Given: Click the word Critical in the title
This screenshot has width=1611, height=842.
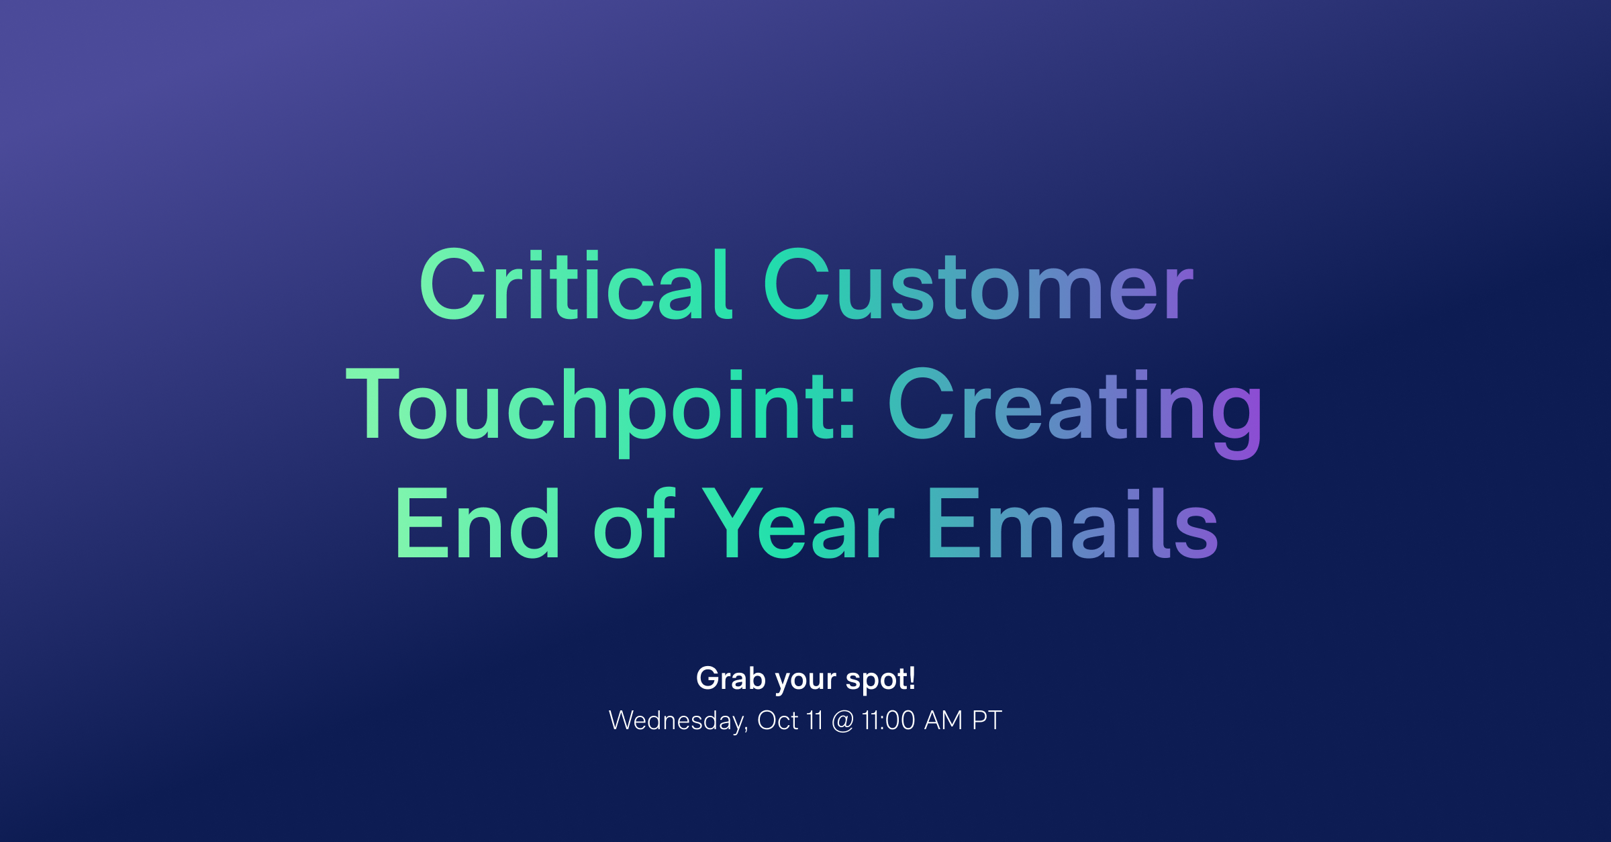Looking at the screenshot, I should (x=575, y=285).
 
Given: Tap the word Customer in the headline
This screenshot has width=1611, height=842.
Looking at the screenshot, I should (x=978, y=285).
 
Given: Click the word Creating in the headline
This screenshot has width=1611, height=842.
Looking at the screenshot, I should (x=1075, y=406).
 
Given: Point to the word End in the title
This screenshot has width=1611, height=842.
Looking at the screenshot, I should (x=477, y=524).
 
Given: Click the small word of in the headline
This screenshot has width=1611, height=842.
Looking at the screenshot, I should (x=634, y=524).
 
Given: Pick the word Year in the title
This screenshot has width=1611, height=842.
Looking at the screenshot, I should (x=798, y=524).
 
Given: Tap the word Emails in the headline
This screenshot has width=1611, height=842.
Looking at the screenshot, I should (x=1072, y=524).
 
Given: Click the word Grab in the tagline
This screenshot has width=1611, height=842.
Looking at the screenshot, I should (x=730, y=679).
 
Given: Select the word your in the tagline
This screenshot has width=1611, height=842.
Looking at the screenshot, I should (x=805, y=680).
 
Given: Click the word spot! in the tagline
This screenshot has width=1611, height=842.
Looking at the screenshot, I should (x=881, y=679).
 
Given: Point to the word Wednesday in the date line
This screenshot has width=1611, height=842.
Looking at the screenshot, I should (x=677, y=720).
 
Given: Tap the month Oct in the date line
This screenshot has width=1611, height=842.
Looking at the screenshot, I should (x=778, y=720).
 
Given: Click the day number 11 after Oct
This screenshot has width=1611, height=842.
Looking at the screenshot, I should (x=815, y=720).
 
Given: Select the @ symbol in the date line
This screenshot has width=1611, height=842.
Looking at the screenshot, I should (x=842, y=721).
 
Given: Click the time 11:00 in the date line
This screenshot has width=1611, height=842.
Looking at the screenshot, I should (x=889, y=720).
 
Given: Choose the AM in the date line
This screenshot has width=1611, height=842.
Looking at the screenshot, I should (x=944, y=720).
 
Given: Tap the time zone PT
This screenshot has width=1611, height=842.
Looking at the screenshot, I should (x=987, y=720).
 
